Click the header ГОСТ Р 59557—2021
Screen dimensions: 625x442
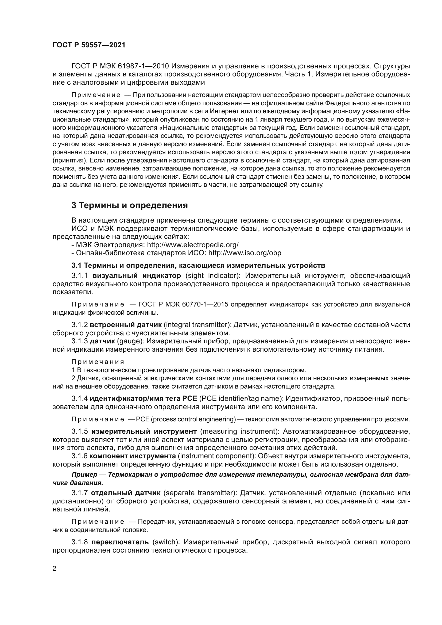pos(89,45)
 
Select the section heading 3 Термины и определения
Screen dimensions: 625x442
pos(130,205)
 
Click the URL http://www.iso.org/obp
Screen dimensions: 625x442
pos(245,253)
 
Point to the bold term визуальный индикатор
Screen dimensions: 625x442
pos(137,275)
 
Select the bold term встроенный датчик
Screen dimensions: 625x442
pos(126,325)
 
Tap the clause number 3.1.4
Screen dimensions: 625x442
pos(79,398)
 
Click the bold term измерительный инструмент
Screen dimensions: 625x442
pos(144,432)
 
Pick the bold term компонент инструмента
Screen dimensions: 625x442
pos(133,456)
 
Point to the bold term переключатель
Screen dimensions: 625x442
pos(120,542)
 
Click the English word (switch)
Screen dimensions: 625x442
pos(166,542)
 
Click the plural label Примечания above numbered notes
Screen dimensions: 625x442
pos(98,362)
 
